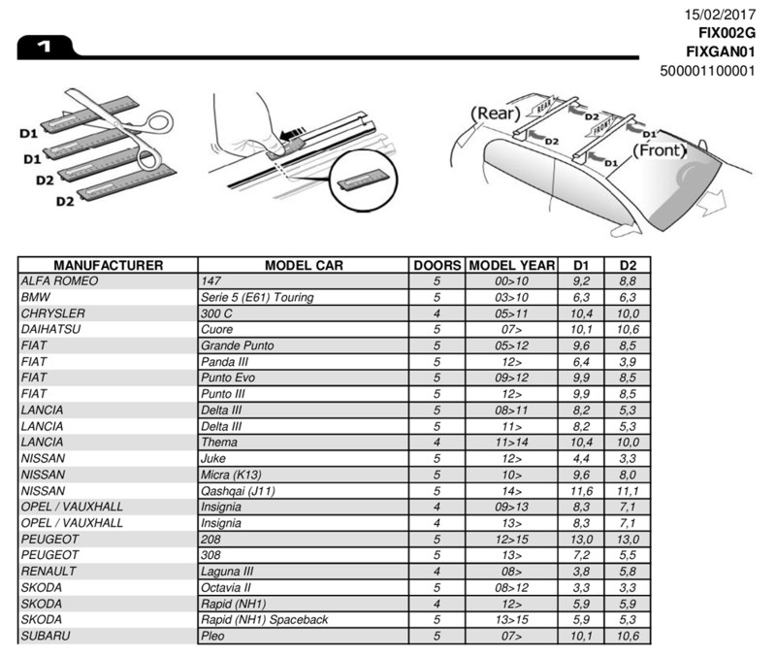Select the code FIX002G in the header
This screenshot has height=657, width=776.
coord(724,32)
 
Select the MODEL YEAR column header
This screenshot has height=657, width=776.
coord(511,265)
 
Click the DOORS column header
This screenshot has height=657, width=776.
coord(436,265)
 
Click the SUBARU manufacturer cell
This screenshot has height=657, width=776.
coord(46,637)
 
